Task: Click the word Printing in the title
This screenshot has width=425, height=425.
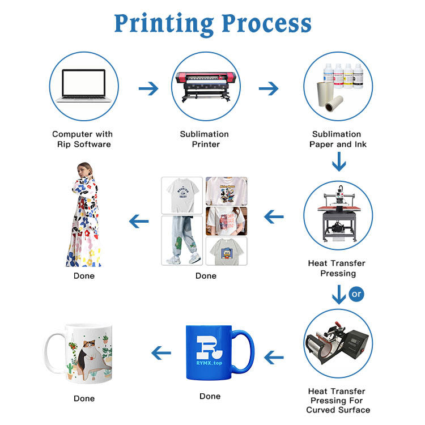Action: [164, 24]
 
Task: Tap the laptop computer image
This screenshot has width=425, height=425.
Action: [83, 86]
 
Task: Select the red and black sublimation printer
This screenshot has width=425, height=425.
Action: [206, 86]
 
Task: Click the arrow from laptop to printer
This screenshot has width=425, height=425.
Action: [148, 88]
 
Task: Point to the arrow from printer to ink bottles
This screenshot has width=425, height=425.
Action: [269, 88]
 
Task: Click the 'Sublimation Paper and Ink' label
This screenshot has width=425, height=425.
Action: [338, 139]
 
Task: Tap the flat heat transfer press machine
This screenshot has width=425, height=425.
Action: [339, 214]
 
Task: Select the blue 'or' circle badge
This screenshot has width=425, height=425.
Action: [356, 294]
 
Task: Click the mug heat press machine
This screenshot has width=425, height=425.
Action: [337, 343]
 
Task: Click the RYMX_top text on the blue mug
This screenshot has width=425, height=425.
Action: [209, 363]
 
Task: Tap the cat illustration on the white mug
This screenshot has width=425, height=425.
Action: [90, 358]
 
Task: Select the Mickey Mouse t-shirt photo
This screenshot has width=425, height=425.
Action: [226, 191]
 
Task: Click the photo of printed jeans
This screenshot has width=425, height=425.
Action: [182, 240]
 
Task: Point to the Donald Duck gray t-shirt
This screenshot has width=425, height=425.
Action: [226, 251]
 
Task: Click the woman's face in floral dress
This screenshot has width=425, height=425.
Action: [82, 171]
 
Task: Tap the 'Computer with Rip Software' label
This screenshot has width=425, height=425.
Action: [83, 139]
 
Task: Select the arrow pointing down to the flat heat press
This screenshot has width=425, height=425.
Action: [339, 161]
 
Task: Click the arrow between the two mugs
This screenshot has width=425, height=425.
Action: [161, 352]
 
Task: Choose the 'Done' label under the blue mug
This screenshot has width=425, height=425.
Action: [210, 396]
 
